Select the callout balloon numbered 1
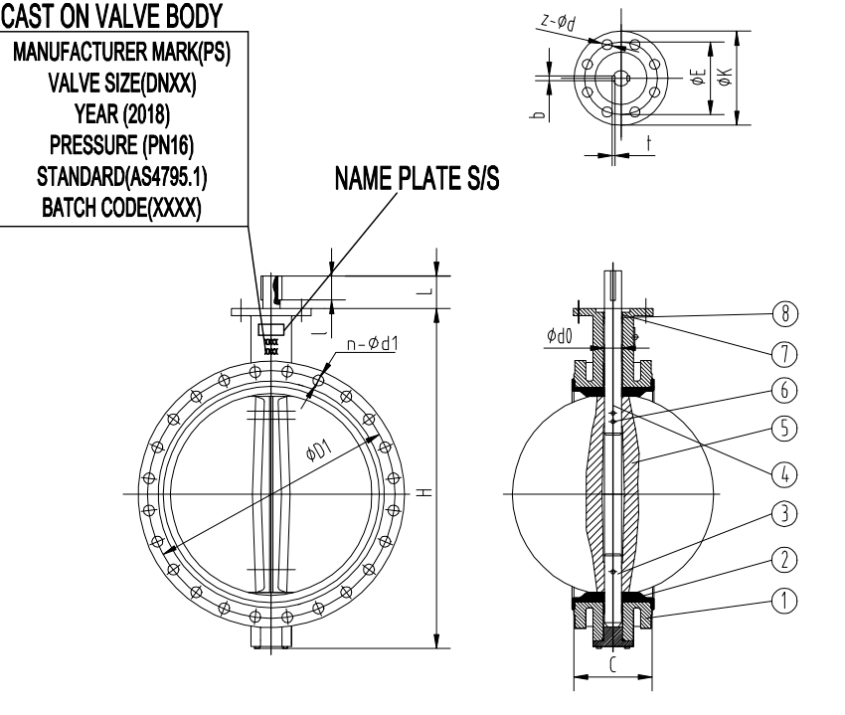[784, 600]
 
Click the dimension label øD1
[321, 453]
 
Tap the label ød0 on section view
[559, 337]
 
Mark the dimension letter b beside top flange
[537, 115]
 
